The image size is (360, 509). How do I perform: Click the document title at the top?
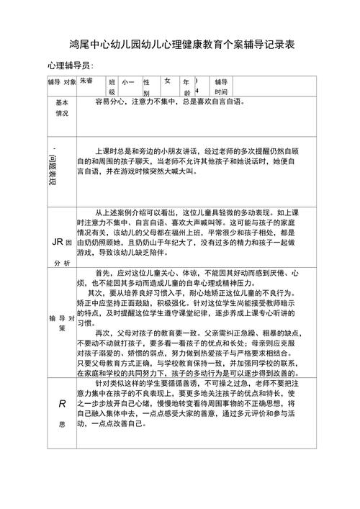180,45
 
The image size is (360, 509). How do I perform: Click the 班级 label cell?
112,87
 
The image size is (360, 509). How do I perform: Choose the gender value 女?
167,81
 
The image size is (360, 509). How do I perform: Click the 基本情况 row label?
63,108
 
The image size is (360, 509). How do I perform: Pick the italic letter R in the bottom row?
61,405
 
